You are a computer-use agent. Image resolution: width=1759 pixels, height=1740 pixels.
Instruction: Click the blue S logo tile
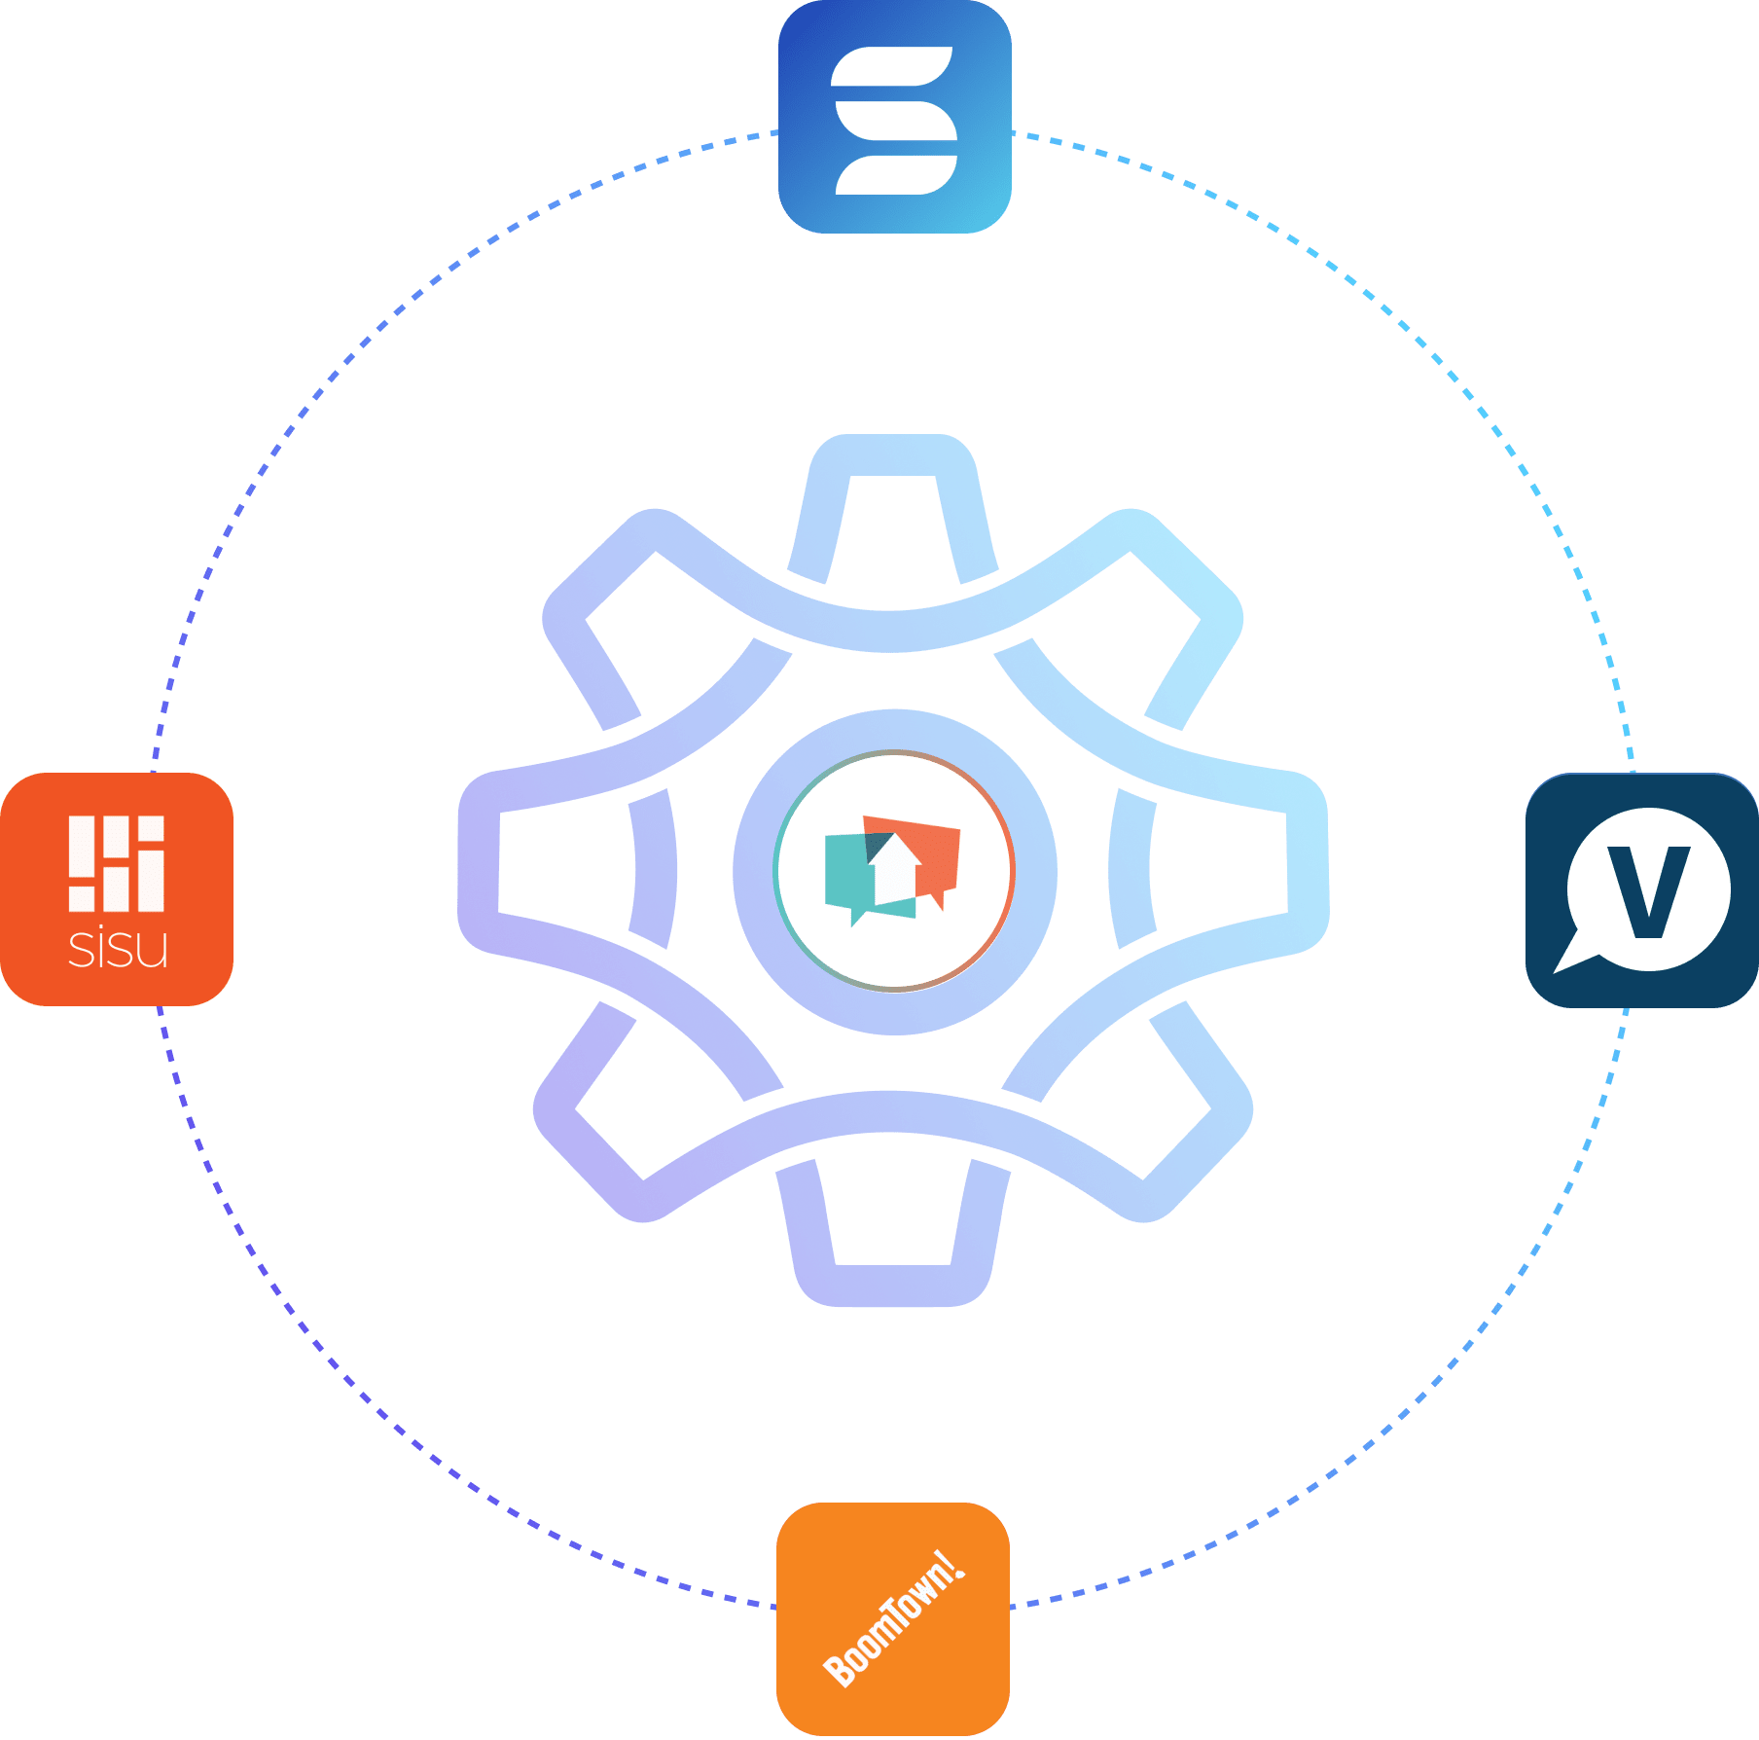coord(894,117)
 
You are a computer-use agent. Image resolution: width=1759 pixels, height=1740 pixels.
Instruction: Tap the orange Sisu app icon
coord(117,888)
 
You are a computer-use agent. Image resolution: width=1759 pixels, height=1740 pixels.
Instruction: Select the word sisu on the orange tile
coord(118,949)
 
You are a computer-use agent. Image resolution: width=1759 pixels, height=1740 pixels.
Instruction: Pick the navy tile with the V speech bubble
coord(1641,889)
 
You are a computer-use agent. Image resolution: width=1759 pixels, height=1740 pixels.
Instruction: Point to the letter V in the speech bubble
coord(1648,891)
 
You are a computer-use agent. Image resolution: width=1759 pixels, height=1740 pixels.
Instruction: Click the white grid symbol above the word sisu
coord(117,863)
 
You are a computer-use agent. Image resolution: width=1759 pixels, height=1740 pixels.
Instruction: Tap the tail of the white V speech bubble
coord(1571,959)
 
